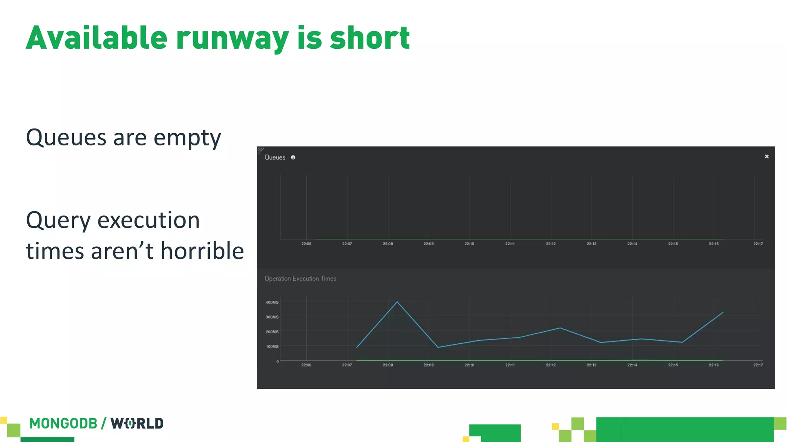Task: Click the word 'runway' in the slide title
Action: click(x=232, y=38)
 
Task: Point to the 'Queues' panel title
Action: click(x=275, y=157)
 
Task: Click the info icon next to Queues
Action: click(x=293, y=157)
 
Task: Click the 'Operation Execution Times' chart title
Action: click(x=300, y=279)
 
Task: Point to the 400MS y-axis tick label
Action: click(x=272, y=302)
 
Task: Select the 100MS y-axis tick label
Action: click(x=272, y=346)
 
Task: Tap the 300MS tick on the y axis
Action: click(x=272, y=317)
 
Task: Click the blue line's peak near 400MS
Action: click(x=397, y=302)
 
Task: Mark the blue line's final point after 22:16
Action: click(x=723, y=313)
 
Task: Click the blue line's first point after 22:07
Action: click(x=357, y=347)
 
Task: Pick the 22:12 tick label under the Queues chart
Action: click(x=551, y=244)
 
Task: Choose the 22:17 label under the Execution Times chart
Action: click(x=758, y=365)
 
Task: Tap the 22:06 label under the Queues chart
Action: click(x=306, y=244)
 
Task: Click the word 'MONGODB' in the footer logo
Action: click(x=63, y=424)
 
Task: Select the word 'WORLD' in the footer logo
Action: click(x=137, y=424)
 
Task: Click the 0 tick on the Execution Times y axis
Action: click(x=277, y=361)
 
